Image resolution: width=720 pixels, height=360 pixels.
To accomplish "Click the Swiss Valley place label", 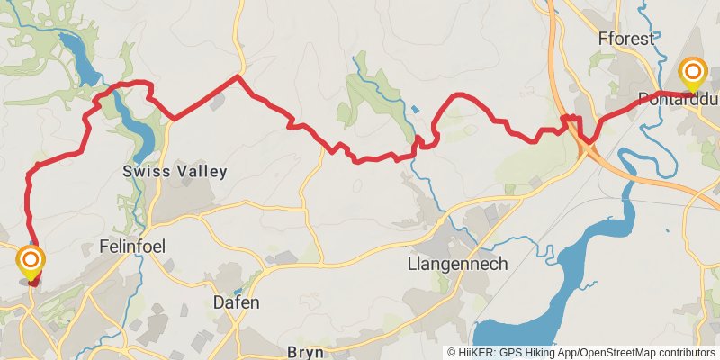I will (175, 171).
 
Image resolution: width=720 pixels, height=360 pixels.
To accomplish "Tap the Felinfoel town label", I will (134, 246).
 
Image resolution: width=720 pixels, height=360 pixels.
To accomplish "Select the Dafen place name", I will (237, 302).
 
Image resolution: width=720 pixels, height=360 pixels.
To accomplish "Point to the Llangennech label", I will (457, 264).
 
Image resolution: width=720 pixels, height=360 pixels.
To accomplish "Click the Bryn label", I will (304, 352).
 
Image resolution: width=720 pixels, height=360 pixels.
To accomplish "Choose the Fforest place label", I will (625, 39).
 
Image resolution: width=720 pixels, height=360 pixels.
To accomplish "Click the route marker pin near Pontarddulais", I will (692, 73).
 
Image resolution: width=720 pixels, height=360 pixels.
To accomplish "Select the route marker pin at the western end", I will (31, 263).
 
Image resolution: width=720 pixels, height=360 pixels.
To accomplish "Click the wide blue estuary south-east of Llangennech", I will (585, 270).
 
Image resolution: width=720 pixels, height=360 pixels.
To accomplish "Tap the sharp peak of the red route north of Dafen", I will (237, 76).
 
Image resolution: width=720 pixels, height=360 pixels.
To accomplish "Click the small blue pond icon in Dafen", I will (237, 292).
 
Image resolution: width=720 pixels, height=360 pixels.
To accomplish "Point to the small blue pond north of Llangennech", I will (414, 110).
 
